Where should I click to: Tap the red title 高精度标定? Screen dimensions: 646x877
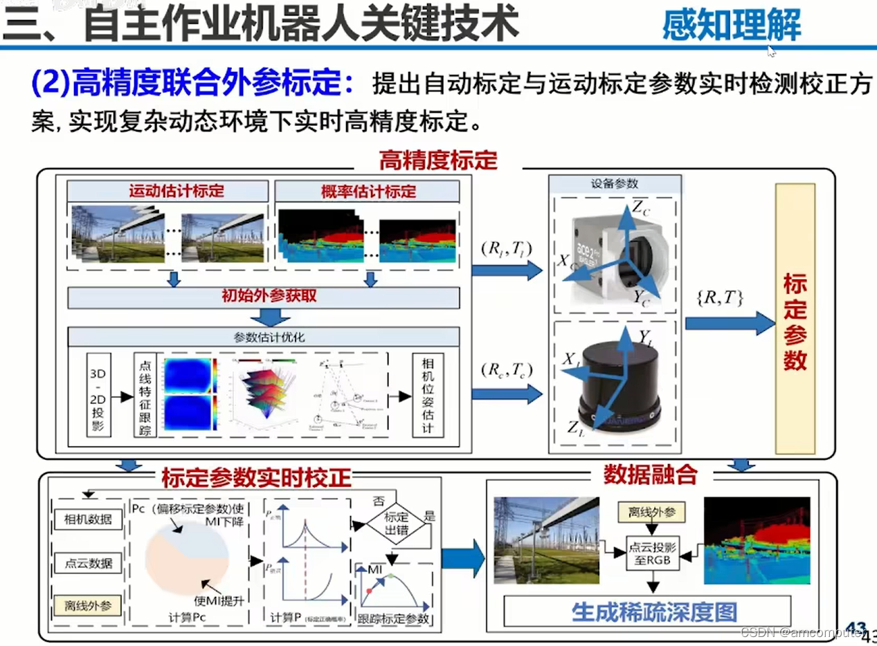(437, 160)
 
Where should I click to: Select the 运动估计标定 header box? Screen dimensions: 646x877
(167, 191)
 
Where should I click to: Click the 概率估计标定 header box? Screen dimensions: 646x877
(368, 191)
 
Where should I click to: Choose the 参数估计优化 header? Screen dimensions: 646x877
(264, 337)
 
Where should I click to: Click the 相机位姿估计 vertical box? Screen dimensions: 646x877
(426, 395)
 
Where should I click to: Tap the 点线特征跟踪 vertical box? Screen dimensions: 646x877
(145, 395)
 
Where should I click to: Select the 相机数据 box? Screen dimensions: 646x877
(87, 519)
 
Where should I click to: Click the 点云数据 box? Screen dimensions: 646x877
(87, 562)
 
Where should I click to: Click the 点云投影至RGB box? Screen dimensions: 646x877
(653, 552)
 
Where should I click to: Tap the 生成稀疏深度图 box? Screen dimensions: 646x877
(653, 611)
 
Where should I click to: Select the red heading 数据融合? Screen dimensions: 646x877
(649, 474)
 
